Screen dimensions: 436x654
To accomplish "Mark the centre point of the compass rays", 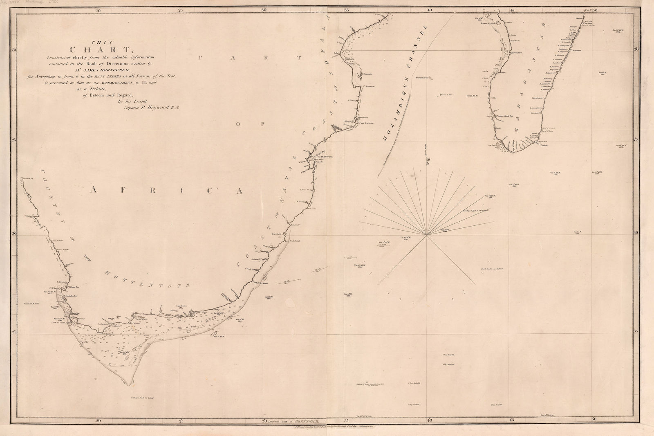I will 427,235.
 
